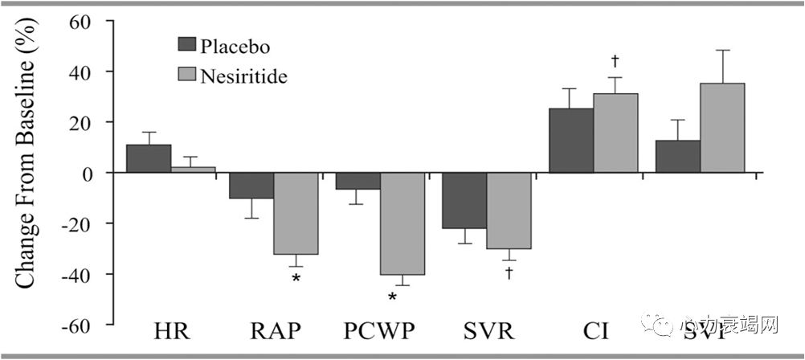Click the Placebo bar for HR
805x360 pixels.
pyautogui.click(x=149, y=159)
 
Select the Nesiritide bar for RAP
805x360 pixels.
pyautogui.click(x=296, y=213)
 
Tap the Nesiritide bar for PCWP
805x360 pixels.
pyautogui.click(x=402, y=223)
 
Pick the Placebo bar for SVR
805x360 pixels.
pyautogui.click(x=464, y=201)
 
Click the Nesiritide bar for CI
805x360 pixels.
pyautogui.click(x=615, y=133)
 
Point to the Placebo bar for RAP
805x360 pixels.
pyautogui.click(x=251, y=186)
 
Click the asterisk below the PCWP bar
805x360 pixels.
pyautogui.click(x=393, y=298)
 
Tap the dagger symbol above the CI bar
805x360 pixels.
pyautogui.click(x=615, y=60)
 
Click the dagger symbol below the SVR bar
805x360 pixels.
pyautogui.click(x=509, y=273)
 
